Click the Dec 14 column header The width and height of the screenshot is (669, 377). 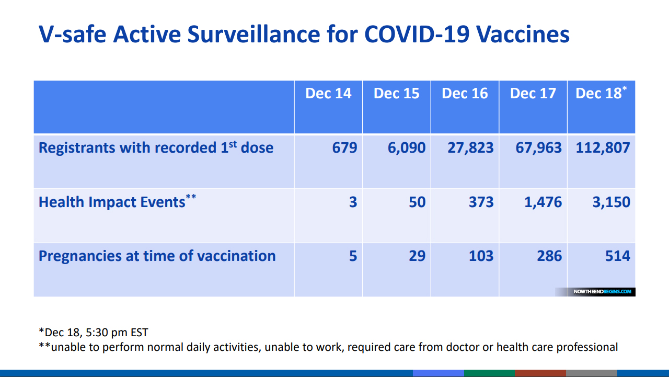click(x=328, y=94)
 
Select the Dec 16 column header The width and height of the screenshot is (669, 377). click(x=465, y=94)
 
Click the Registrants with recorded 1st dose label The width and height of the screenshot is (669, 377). click(x=156, y=147)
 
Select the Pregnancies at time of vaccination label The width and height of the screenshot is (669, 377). click(x=157, y=256)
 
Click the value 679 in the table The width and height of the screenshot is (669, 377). click(x=344, y=147)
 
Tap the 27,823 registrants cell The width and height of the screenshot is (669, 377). click(x=470, y=147)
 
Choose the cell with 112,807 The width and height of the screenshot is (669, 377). click(x=603, y=147)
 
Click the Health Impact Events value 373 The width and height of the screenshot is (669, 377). click(x=481, y=202)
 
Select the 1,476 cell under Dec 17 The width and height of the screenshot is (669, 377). click(x=543, y=202)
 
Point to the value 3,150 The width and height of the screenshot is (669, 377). click(x=611, y=202)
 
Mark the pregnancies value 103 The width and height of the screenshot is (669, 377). click(x=481, y=256)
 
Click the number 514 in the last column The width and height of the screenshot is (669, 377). click(x=617, y=256)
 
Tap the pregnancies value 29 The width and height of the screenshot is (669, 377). click(x=417, y=256)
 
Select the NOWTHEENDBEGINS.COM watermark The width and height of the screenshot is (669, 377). click(x=602, y=291)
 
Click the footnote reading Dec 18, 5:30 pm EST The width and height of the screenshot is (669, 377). click(x=94, y=332)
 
